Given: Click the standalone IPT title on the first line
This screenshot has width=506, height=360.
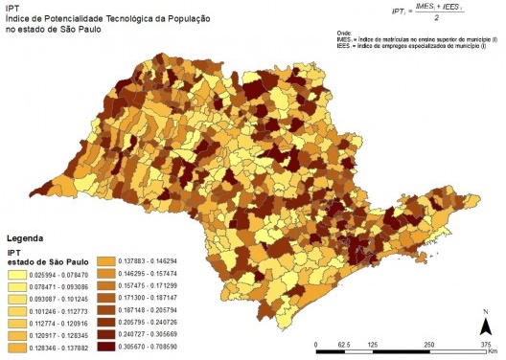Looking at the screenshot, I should (x=13, y=7).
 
